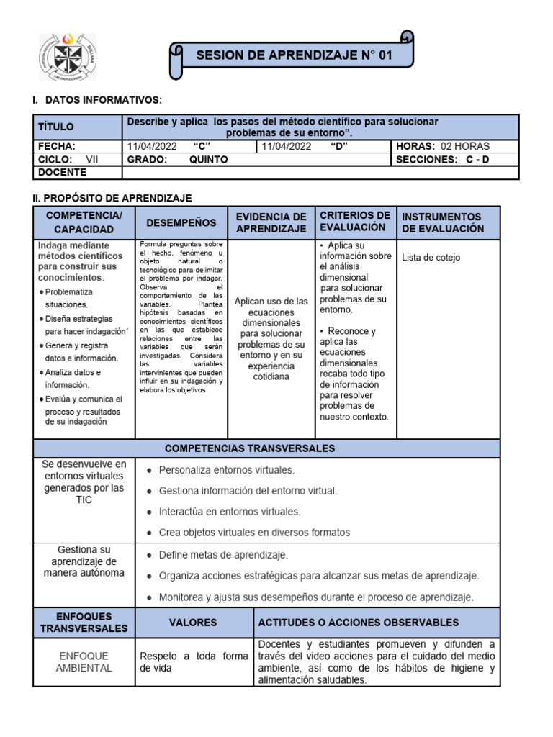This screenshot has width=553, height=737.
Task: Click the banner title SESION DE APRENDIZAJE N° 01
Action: [x=295, y=55]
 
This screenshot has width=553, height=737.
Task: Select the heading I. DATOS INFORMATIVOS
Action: [x=97, y=99]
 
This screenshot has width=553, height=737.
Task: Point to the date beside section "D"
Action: [x=287, y=146]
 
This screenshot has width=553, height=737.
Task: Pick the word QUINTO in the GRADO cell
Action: [x=208, y=160]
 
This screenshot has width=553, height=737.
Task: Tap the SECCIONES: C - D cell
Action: [x=442, y=160]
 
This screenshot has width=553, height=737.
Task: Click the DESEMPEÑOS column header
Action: [x=181, y=223]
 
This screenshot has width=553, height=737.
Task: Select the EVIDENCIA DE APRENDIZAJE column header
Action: [x=271, y=222]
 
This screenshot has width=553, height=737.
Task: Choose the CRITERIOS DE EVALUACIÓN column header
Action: [x=355, y=222]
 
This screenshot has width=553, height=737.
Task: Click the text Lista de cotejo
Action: [x=431, y=258]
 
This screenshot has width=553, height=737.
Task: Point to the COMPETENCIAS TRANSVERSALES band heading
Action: [x=250, y=448]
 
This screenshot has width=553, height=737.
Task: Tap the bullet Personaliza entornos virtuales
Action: [x=226, y=470]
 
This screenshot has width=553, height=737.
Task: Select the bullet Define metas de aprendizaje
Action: [x=223, y=555]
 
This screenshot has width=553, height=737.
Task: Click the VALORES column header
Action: [x=192, y=623]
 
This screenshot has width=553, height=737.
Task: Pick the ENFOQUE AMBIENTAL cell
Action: [x=84, y=662]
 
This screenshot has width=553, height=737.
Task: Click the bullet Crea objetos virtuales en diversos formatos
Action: [x=254, y=533]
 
